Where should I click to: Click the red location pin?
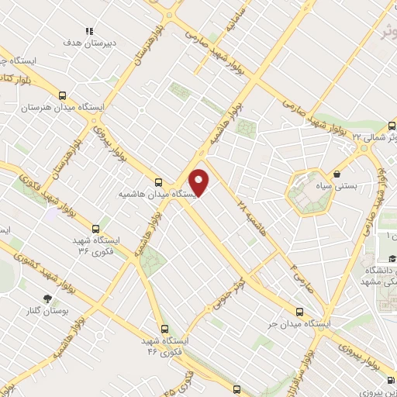[200, 183]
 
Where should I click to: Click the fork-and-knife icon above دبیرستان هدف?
[89, 32]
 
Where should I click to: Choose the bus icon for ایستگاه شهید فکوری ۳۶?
[95, 229]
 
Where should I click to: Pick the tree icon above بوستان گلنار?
[48, 298]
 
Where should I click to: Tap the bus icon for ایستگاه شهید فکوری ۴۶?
[164, 329]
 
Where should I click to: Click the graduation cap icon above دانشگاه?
[392, 258]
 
